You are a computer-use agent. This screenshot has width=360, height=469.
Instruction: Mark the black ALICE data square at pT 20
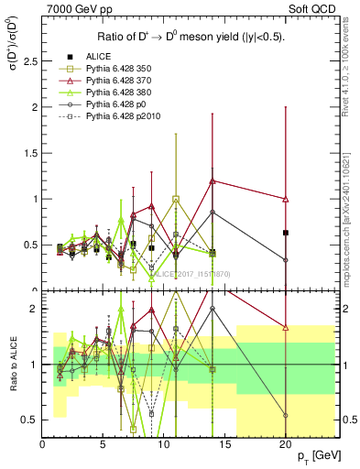tap(286, 233)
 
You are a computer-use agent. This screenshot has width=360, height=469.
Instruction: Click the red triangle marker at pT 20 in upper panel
tap(286, 199)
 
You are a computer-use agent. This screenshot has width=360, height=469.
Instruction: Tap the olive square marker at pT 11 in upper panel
tap(176, 199)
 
